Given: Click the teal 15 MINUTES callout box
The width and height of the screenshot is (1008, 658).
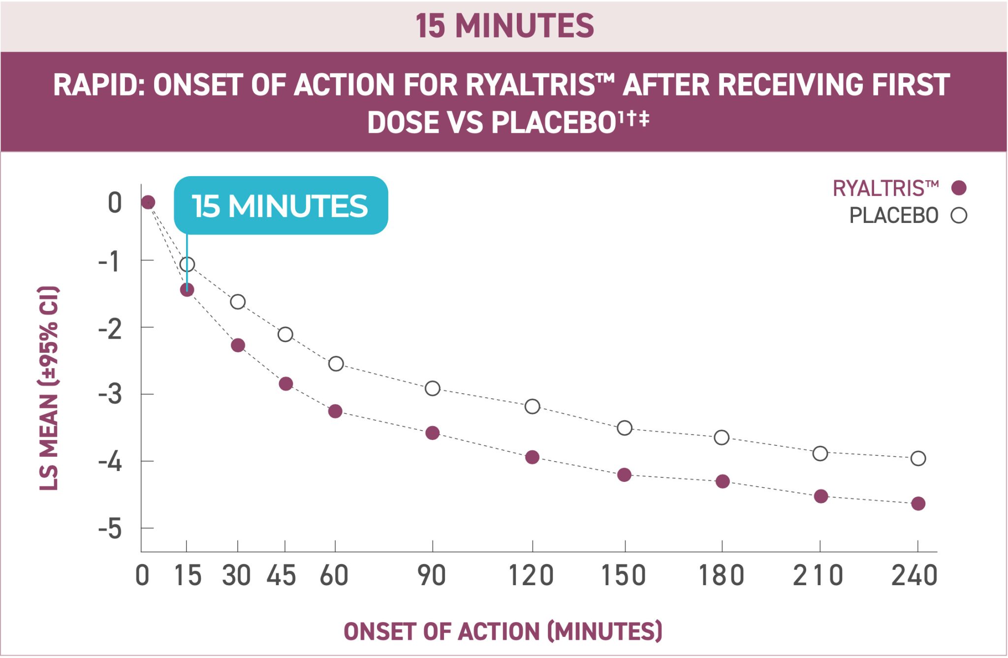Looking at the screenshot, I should coord(281,205).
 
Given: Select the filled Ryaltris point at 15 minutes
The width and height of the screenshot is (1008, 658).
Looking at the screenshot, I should coord(187,289).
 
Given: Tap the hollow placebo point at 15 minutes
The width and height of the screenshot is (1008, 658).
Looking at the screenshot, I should coord(187,265).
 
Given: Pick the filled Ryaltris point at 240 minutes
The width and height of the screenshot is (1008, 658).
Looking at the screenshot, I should coord(918,503).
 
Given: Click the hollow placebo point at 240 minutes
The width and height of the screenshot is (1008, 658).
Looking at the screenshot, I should coord(918,459).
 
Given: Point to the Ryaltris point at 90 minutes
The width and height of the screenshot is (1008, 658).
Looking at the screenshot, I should coord(432,433).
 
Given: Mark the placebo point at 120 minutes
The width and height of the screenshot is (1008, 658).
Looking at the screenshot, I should coord(532,407).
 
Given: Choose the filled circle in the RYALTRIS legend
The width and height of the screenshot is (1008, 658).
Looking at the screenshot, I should coord(959,188).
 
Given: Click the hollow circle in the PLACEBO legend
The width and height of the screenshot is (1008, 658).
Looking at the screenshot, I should coord(959,216).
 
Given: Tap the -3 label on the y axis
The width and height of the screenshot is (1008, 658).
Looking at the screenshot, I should coord(110,394).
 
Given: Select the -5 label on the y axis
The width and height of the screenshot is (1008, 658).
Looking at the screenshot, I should coord(110,529).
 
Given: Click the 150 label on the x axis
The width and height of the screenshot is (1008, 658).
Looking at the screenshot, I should coord(624,576).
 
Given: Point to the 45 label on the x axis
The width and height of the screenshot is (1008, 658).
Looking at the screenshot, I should coord(281,576).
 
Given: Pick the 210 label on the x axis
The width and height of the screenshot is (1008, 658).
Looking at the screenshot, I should coord(818,576).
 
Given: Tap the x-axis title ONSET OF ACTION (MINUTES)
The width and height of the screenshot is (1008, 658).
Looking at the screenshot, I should coord(503,631).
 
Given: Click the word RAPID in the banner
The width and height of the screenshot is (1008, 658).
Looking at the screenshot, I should coord(96,85).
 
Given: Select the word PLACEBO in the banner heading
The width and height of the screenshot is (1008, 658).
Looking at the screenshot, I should coord(553,123).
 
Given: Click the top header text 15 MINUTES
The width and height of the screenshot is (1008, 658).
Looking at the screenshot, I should coord(504,26).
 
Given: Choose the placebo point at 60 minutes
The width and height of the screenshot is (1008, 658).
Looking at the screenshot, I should coord(336,364).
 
